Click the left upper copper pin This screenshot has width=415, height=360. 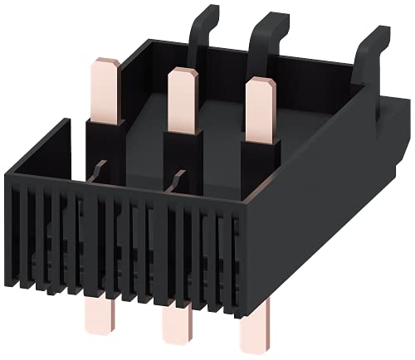(x=108, y=87)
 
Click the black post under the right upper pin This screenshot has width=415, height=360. (x=256, y=166)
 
